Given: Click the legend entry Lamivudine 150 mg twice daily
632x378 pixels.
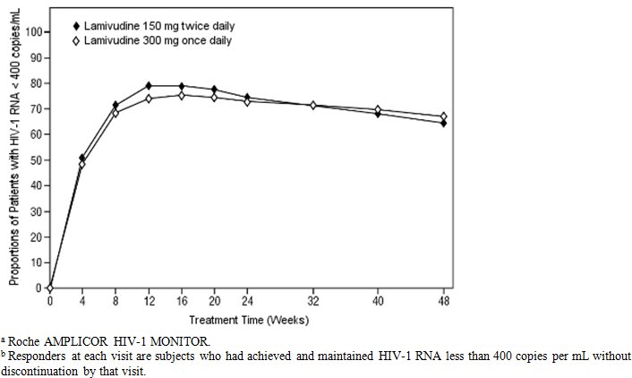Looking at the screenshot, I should (x=151, y=25).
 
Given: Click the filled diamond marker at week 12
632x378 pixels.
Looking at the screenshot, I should (x=148, y=86).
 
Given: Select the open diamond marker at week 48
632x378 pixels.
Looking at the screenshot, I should (x=443, y=116).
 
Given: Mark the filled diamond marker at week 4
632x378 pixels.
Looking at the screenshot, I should (x=82, y=158).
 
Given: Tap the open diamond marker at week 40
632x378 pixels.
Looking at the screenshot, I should (x=378, y=109).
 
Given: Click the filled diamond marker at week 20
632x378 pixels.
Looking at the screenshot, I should (x=214, y=90).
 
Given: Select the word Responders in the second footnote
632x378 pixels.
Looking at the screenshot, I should (x=36, y=356).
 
